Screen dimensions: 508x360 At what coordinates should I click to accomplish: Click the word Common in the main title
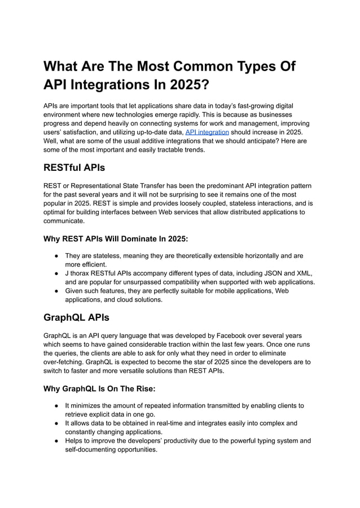205,66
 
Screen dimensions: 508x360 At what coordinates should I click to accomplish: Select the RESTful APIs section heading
74,167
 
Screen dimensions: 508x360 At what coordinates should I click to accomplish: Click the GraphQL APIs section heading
76,317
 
